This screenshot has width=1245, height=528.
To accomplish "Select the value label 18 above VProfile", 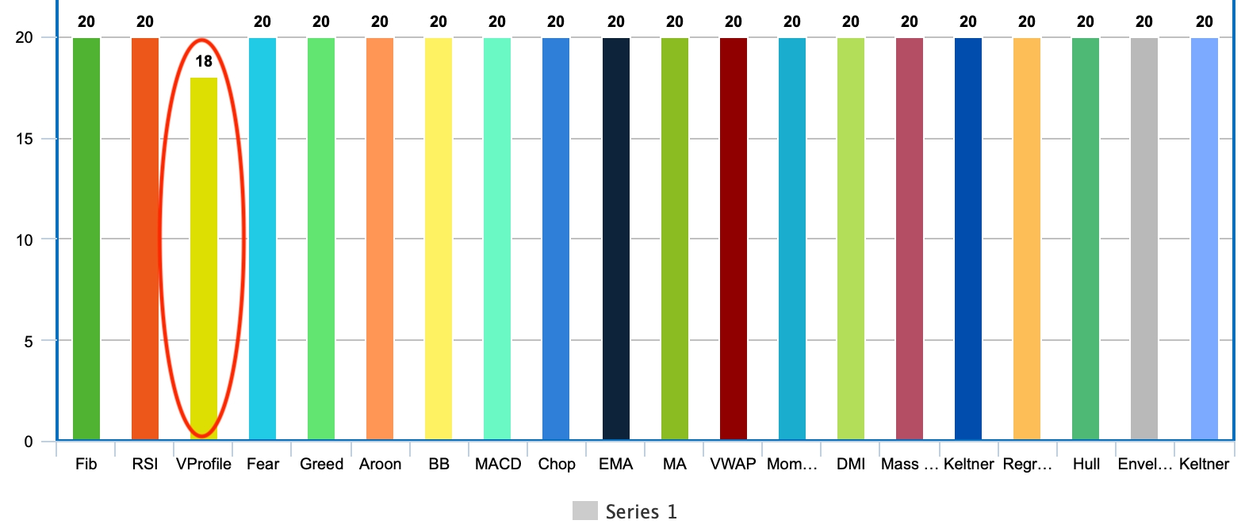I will coord(204,61).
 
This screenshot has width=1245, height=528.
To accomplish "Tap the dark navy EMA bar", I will coord(616,238).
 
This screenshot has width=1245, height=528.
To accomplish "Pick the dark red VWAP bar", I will coord(734,238).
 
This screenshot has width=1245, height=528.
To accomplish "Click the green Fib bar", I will coord(86,238).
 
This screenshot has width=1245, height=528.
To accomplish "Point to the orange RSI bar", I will coord(145,238).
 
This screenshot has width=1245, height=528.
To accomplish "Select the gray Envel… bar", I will coord(1144,238).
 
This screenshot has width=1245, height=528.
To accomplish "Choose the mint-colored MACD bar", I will coord(497,238).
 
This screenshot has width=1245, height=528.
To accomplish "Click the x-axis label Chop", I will coord(557,464).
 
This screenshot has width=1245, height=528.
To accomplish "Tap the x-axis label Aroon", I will coord(380,464).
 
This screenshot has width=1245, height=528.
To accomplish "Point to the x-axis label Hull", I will coord(1086,464).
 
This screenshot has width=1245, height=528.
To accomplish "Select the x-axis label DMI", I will coord(851,464).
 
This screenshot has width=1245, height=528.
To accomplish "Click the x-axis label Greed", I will coord(321,464).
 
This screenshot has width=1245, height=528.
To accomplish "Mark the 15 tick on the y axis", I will coord(25,139).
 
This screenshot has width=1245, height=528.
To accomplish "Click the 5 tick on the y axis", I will coord(29,341).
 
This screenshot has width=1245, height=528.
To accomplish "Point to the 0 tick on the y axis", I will coord(29,442).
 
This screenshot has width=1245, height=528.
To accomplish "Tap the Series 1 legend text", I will coord(641,511).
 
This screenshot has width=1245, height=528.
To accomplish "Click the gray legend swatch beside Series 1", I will coord(584,511).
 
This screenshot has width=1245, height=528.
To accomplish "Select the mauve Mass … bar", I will coord(910,238).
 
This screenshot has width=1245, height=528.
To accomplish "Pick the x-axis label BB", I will coord(439,464).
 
